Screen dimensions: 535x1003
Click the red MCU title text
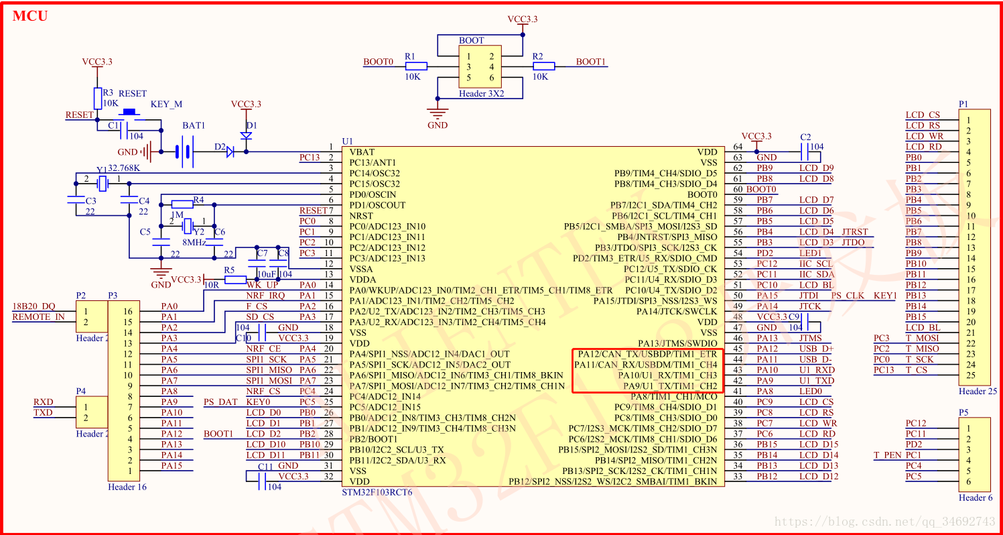click(30, 16)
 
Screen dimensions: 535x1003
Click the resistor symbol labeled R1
click(416, 66)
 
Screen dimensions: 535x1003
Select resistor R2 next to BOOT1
click(544, 66)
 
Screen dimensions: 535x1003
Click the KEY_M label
click(166, 105)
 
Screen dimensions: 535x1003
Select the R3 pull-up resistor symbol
click(97, 98)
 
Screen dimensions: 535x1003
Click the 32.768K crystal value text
click(124, 168)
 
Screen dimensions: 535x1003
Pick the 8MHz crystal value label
click(194, 243)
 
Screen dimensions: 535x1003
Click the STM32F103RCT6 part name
click(377, 492)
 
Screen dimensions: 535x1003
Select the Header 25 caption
click(977, 391)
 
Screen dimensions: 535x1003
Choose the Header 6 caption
click(975, 497)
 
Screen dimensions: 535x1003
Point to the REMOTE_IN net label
click(38, 317)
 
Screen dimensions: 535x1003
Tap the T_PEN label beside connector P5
click(887, 455)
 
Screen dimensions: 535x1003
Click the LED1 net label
click(810, 253)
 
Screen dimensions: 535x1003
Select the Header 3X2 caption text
click(482, 94)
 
